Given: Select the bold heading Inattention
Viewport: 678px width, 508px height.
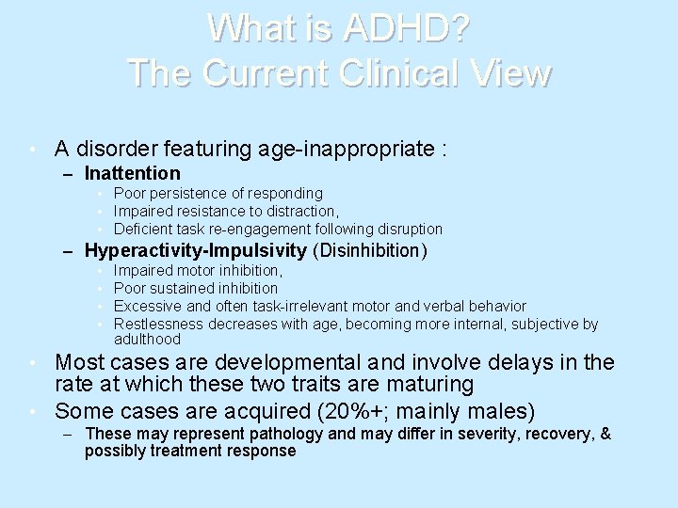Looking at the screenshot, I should [132, 173].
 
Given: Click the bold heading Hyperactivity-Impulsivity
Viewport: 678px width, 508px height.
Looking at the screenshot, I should [196, 250].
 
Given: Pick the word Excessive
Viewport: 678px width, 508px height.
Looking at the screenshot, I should [146, 306].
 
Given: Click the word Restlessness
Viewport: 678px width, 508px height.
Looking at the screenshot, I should [153, 324].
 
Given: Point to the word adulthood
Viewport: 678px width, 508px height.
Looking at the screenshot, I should [147, 339].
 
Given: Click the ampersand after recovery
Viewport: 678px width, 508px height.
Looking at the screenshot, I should [605, 435].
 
